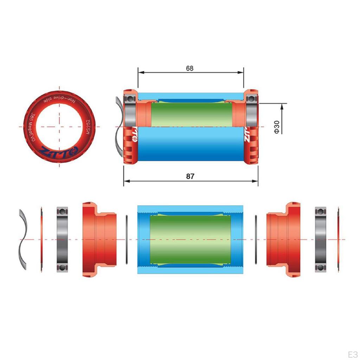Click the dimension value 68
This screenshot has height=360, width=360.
pos(190,68)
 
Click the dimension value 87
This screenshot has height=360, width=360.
pos(190,176)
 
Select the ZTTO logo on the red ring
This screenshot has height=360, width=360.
pos(60,151)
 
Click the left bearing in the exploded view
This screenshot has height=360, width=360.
pos(63,239)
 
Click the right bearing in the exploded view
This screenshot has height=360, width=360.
pos(321,239)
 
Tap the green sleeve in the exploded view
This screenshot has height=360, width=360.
pos(190,239)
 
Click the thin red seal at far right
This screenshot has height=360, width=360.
pos(338,239)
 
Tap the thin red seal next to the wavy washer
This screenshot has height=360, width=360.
pos(41,239)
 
